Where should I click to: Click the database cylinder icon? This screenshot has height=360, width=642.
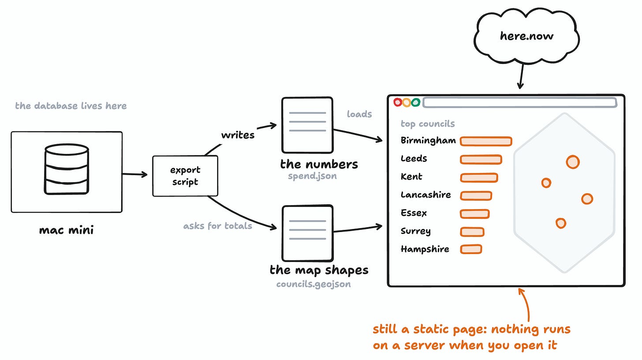[67, 169]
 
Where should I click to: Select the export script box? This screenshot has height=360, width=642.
[185, 176]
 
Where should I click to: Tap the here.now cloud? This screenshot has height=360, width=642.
[526, 36]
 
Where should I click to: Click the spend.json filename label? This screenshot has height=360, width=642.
[312, 176]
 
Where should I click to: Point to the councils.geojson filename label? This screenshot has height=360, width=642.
[314, 284]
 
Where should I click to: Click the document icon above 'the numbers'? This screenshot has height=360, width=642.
[307, 125]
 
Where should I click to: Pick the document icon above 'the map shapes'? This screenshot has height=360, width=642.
[307, 233]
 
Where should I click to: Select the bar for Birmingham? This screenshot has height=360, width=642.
[486, 142]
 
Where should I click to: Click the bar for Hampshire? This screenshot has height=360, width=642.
[471, 249]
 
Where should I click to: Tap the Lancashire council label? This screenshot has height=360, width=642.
[426, 195]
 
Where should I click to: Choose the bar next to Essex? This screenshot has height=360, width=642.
[475, 214]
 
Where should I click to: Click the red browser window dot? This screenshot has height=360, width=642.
[398, 102]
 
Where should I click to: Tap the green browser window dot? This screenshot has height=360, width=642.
[416, 102]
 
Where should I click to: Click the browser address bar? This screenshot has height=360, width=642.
[520, 103]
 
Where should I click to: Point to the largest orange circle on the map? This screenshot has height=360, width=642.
[573, 162]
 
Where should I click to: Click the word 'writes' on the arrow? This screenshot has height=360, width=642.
[238, 135]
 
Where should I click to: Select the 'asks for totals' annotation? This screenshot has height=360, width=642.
[218, 226]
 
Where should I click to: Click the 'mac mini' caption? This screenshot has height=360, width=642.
[66, 230]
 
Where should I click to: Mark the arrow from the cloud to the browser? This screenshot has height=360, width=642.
[521, 76]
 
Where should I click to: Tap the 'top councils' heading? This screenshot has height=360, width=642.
[428, 124]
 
